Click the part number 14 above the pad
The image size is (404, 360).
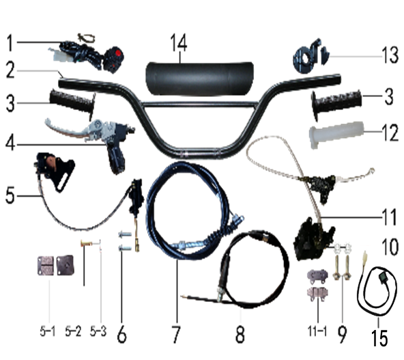179,43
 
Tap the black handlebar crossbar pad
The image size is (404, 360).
200,79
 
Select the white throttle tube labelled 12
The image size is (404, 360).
336,135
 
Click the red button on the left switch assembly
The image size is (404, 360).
118,54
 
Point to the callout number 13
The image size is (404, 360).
391,55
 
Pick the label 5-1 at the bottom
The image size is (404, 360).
48,331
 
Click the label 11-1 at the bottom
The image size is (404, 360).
317,331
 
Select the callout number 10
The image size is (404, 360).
390,247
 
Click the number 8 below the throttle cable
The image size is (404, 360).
240,334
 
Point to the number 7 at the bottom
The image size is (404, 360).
176,334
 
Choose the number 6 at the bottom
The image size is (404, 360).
121,334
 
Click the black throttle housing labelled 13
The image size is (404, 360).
307,56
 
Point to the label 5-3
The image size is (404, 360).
98,331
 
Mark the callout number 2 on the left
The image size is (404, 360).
10,70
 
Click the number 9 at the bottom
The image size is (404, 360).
342,334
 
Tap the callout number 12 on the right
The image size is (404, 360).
391,133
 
